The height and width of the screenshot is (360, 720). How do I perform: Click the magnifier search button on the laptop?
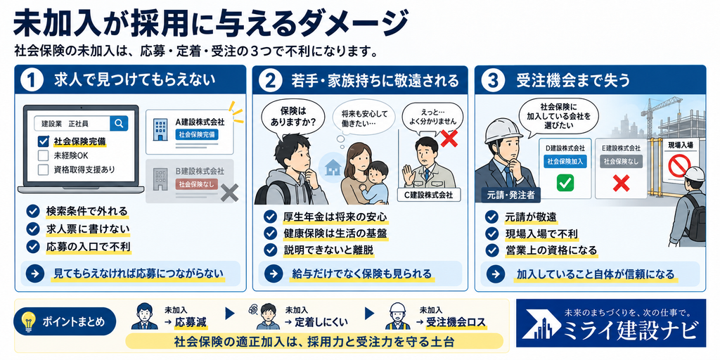tap(119, 123)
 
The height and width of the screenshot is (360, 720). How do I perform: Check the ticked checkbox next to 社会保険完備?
tap(43, 141)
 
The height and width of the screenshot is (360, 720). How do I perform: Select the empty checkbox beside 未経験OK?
tap(43, 155)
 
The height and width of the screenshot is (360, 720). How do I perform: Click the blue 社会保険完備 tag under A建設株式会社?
tap(197, 134)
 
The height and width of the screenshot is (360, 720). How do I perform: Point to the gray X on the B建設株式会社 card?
tap(229, 193)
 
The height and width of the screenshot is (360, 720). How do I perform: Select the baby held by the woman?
tap(375, 181)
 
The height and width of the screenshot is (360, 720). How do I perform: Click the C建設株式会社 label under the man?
tap(428, 195)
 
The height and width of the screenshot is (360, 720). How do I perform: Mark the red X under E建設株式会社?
tap(621, 184)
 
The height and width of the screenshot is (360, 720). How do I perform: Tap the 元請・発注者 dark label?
tap(508, 195)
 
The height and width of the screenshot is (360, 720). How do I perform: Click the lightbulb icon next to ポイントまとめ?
tap(30, 321)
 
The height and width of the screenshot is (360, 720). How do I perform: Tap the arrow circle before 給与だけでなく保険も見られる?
tap(274, 274)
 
